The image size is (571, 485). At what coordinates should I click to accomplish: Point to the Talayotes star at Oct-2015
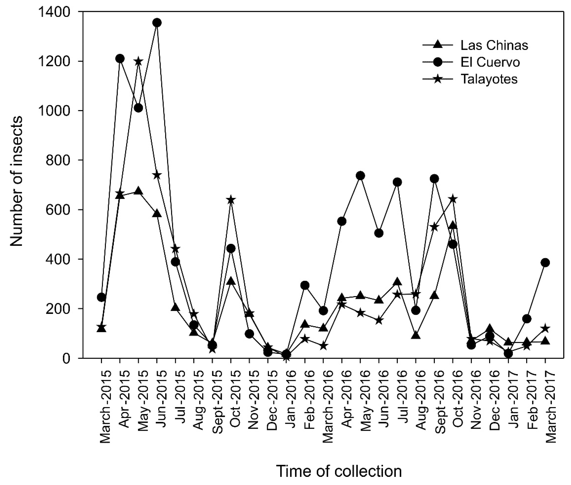(x=231, y=200)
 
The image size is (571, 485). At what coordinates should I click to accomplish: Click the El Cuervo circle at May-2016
(x=360, y=175)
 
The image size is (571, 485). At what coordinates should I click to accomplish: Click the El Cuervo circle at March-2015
(x=101, y=297)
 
